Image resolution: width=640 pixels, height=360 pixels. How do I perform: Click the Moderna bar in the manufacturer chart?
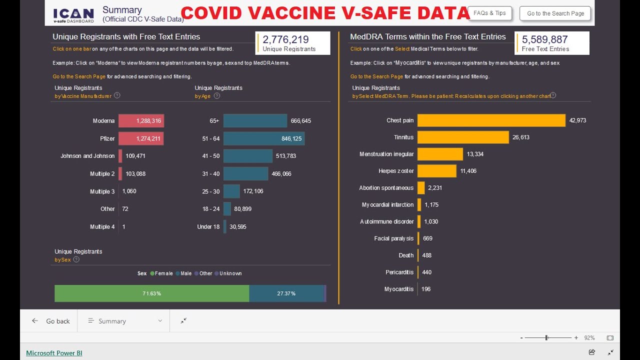(141, 121)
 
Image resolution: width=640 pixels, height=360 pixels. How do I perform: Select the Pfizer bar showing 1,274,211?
(141, 138)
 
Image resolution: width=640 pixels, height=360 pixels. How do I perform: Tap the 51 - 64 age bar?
(263, 138)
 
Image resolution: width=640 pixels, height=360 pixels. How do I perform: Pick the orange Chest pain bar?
(491, 120)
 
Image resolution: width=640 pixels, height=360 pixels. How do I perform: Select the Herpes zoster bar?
(436, 171)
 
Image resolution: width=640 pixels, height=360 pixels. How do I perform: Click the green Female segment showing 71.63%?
(151, 293)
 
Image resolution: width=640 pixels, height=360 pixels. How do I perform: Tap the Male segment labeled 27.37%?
(286, 293)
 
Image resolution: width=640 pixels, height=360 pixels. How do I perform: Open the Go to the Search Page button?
(555, 13)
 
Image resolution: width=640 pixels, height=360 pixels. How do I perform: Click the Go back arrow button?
(35, 321)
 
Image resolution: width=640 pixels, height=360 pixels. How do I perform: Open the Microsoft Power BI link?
(54, 353)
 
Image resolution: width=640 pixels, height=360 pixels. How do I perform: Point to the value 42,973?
(577, 120)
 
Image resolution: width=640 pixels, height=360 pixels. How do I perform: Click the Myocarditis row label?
(398, 289)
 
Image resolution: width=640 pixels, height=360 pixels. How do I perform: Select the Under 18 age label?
(208, 227)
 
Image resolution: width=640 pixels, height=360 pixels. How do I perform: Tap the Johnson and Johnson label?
(87, 156)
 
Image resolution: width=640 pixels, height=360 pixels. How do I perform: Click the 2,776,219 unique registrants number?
(285, 39)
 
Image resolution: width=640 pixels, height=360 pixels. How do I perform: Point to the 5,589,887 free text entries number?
(544, 39)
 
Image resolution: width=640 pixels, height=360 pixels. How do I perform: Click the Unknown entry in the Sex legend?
(230, 273)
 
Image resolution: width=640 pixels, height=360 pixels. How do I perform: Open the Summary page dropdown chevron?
(160, 321)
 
